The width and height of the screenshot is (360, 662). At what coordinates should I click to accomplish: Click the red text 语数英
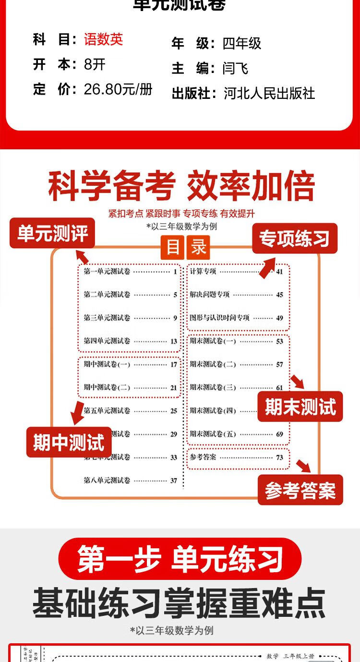(103, 39)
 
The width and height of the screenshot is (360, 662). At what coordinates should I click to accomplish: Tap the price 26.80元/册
(118, 89)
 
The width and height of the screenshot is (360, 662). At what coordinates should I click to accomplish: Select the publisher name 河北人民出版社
(269, 93)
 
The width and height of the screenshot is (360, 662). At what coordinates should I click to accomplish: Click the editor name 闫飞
(235, 68)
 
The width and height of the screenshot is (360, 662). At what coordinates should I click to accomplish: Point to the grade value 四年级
(242, 44)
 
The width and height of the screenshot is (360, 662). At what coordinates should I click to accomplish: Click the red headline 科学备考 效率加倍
(181, 186)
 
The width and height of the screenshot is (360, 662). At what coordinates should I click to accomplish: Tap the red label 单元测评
(52, 234)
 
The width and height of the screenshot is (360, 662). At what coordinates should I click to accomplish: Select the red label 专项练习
(295, 239)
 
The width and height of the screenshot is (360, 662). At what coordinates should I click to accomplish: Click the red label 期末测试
(300, 407)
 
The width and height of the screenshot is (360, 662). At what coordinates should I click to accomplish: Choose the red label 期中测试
(69, 442)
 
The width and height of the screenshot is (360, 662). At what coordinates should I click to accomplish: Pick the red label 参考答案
(300, 490)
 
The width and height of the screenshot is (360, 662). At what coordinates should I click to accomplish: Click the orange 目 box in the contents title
(173, 247)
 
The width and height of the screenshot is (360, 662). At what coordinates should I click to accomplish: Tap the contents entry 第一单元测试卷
(107, 272)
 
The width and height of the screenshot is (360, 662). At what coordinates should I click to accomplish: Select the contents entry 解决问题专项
(210, 294)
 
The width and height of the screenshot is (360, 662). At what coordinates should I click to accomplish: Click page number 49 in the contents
(279, 318)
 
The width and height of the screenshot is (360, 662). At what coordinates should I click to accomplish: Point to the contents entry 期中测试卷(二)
(107, 387)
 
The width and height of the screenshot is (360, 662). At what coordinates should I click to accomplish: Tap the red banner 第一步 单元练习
(180, 559)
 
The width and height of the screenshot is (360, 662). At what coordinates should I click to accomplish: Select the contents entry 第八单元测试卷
(107, 480)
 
